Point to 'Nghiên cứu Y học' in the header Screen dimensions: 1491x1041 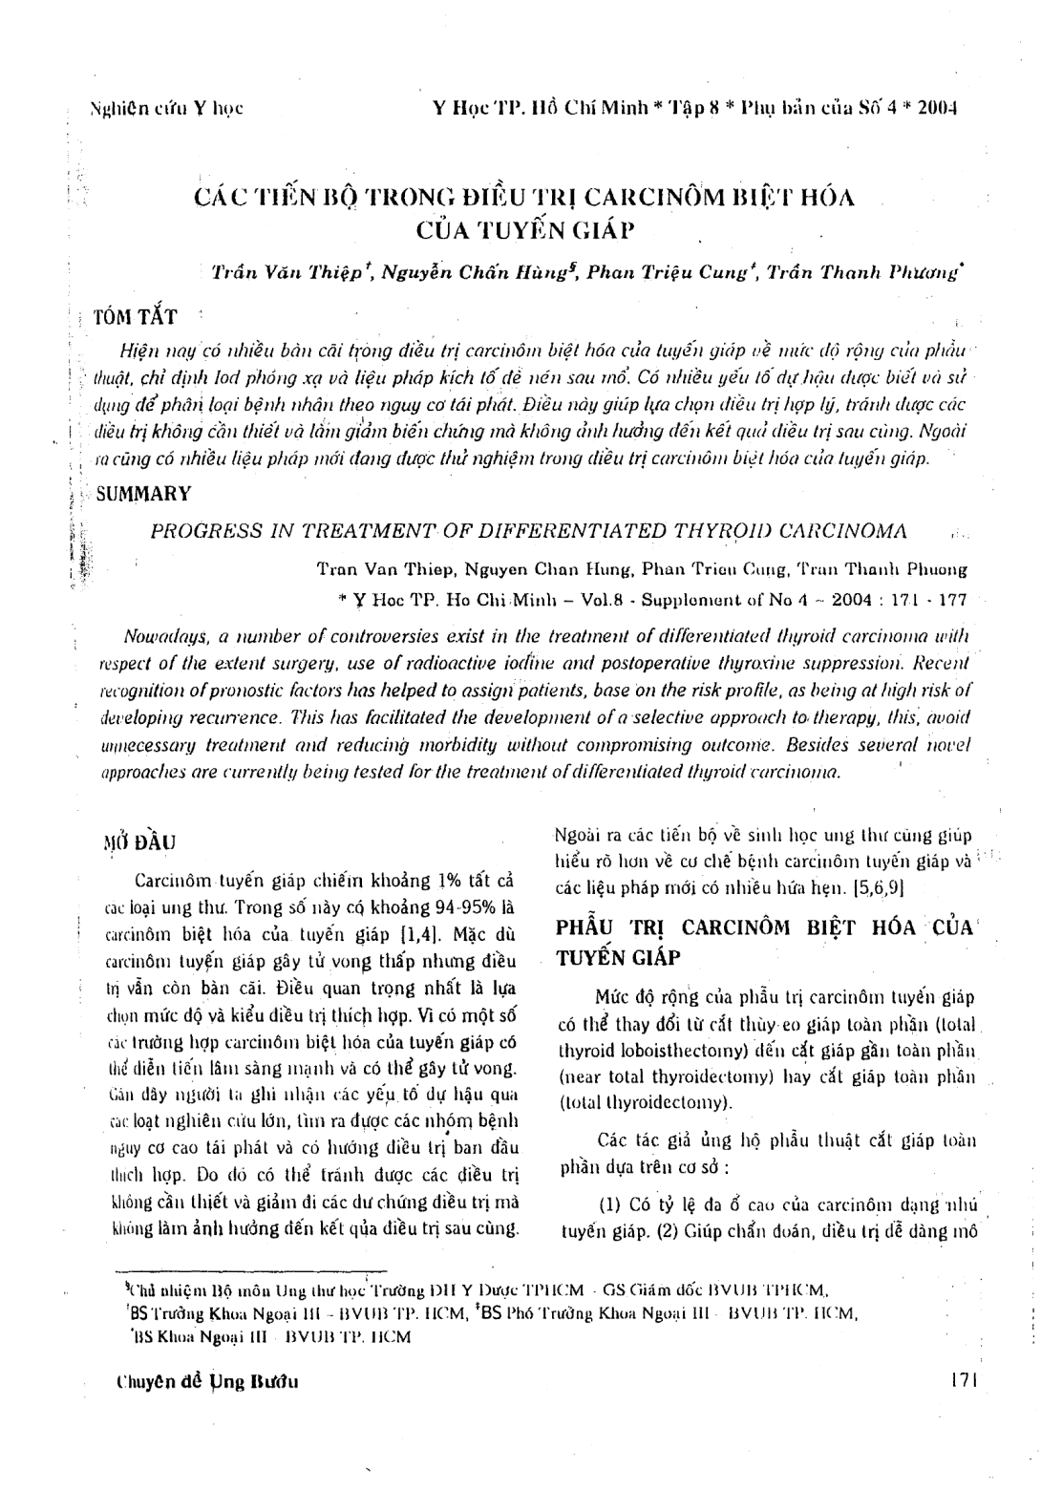[x=165, y=108]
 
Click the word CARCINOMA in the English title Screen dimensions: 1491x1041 [x=849, y=531]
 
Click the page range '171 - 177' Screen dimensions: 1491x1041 [x=926, y=601]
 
